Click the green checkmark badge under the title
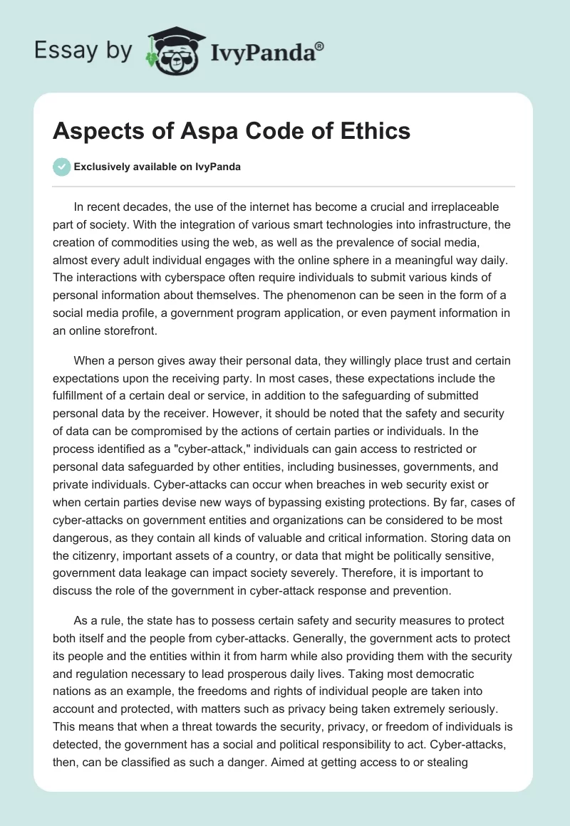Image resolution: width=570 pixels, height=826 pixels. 61,167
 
